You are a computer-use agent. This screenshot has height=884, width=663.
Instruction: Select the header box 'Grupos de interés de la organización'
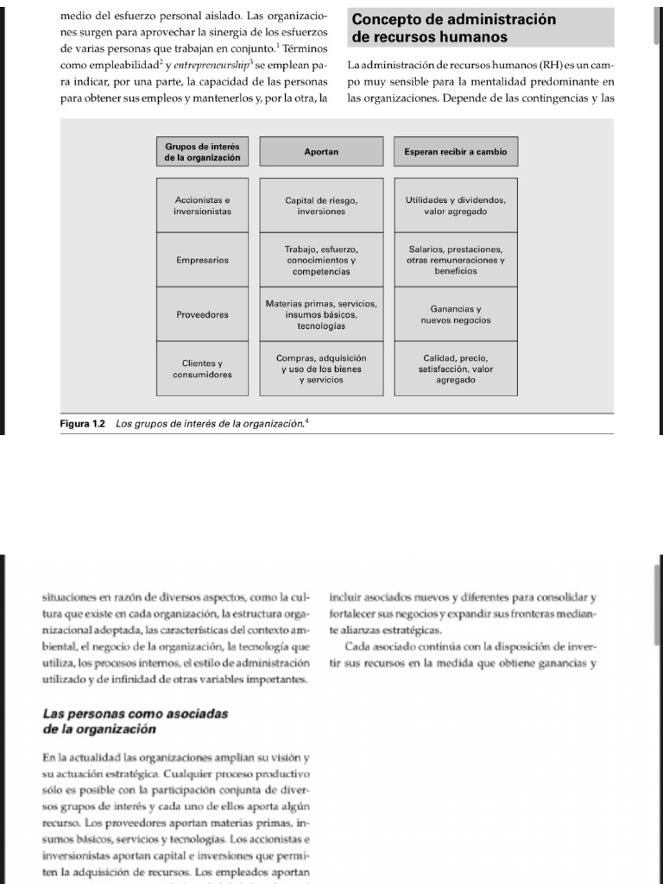pos(203,152)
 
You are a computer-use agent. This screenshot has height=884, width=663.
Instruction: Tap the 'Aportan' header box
pos(321,152)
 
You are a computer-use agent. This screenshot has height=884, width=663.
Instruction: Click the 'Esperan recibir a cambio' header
pos(455,152)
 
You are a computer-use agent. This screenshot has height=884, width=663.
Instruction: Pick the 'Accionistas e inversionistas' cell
pos(203,205)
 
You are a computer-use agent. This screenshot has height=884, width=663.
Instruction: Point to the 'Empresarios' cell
pos(203,260)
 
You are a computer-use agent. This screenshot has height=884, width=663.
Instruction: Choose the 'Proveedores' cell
pos(203,315)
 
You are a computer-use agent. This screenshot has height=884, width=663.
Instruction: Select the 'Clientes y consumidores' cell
pos(203,369)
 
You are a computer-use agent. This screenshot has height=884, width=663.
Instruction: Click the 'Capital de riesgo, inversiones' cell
pos(321,205)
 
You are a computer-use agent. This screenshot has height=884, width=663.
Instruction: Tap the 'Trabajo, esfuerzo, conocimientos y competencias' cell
pos(321,260)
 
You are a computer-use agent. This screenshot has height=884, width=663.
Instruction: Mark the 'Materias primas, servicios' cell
pos(321,315)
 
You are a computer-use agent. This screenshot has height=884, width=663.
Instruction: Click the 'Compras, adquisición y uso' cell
pos(321,369)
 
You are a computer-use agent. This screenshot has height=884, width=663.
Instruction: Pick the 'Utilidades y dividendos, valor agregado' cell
pos(455,205)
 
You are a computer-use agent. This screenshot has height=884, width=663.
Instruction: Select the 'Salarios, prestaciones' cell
pos(455,260)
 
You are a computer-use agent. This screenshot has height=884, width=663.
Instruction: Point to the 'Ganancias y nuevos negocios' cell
pos(455,315)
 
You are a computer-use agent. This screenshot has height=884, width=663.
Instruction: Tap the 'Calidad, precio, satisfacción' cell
pos(455,369)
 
